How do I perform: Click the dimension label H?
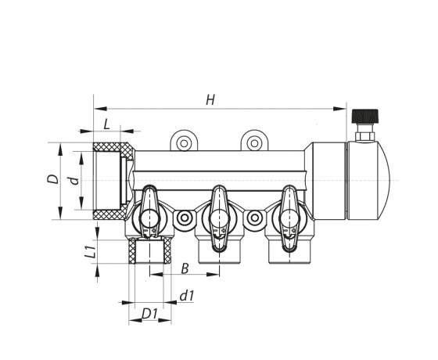(210, 100)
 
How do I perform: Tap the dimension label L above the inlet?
(106, 124)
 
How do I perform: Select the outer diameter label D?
(53, 179)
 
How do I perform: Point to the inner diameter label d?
(74, 181)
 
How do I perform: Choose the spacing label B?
(185, 268)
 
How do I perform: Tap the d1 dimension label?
(187, 296)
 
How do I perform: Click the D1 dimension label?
(150, 314)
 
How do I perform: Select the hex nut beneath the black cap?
(364, 136)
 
